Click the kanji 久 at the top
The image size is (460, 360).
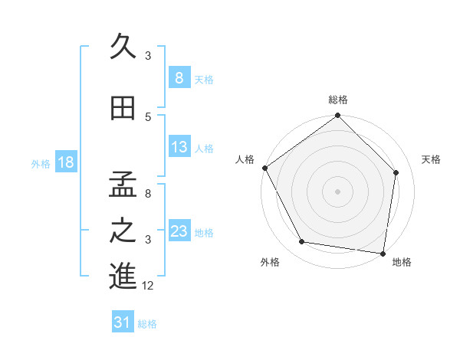point(123,47)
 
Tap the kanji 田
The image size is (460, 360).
point(123,110)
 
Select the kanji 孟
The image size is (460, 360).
point(123,186)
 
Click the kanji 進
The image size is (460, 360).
point(123,277)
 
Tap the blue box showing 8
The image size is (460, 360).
point(179,78)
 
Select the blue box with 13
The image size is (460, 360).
point(179,147)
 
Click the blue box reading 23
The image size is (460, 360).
point(179,231)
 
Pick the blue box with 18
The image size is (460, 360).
point(65,162)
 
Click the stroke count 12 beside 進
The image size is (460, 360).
point(149,286)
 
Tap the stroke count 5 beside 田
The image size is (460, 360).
point(148,116)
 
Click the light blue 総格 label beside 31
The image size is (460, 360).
point(147,324)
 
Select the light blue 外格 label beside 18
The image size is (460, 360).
point(41,163)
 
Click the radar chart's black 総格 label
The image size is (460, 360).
point(337,100)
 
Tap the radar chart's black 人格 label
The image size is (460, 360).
point(245,159)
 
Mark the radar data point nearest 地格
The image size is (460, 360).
point(383,253)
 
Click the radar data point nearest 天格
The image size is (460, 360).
point(396,172)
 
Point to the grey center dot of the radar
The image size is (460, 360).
point(337,191)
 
